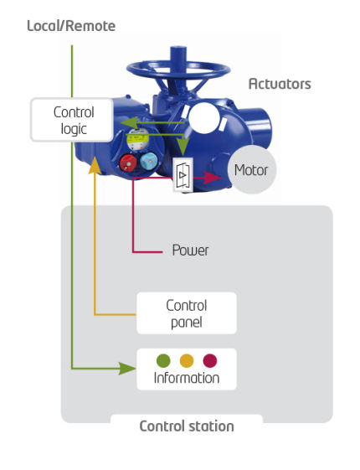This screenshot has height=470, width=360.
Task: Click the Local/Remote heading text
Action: [x=71, y=26]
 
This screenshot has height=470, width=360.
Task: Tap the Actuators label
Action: [x=280, y=84]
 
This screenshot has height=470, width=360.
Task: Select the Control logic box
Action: [x=72, y=120]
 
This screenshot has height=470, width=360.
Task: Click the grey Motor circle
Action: [x=251, y=170]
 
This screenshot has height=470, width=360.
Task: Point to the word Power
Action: [x=190, y=250]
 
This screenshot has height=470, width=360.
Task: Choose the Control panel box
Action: [x=187, y=313]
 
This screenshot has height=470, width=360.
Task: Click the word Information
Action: [x=187, y=378]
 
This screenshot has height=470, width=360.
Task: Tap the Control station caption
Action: [x=187, y=426]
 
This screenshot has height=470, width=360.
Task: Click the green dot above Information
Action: [x=163, y=360]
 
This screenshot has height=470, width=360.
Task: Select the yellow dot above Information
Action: [x=187, y=360]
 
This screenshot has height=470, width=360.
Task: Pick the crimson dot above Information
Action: [x=210, y=360]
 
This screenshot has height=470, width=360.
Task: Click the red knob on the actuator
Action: [x=128, y=163]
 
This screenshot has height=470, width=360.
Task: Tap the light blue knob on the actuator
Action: [x=149, y=161]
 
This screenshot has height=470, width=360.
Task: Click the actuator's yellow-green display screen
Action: [x=137, y=139]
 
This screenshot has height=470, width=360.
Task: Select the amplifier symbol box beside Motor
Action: [x=183, y=175]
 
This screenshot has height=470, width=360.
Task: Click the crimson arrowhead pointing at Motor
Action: [x=213, y=178]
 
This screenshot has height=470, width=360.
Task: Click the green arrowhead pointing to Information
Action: [x=127, y=369]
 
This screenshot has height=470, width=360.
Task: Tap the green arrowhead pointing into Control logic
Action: [x=129, y=122]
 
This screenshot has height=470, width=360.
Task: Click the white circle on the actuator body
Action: [x=204, y=118]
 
